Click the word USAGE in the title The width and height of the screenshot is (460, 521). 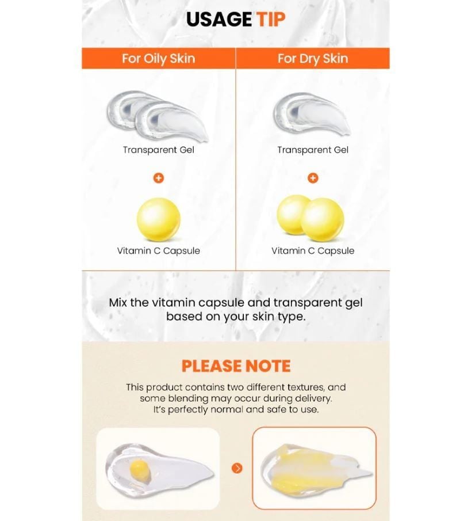(218, 19)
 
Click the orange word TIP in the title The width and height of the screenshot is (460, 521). (270, 19)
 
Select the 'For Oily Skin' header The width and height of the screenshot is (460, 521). (158, 59)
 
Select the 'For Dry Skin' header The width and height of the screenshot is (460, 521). (313, 59)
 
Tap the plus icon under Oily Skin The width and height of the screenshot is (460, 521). (159, 178)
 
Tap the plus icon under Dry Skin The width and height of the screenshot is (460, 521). (313, 178)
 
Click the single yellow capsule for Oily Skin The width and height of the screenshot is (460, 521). (159, 219)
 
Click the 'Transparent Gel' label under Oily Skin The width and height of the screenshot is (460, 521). (158, 150)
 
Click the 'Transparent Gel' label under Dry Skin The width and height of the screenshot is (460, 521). (313, 150)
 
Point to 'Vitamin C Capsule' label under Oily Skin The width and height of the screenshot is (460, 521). (158, 250)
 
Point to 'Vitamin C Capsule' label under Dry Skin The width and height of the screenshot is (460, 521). (313, 250)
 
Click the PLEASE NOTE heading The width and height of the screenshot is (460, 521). (236, 366)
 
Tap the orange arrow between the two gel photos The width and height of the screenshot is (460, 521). (237, 468)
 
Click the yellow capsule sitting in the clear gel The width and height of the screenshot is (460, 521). (140, 469)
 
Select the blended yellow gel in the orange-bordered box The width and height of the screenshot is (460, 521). (315, 469)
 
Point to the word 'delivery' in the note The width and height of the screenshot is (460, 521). (313, 398)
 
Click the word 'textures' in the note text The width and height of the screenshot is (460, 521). (306, 387)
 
